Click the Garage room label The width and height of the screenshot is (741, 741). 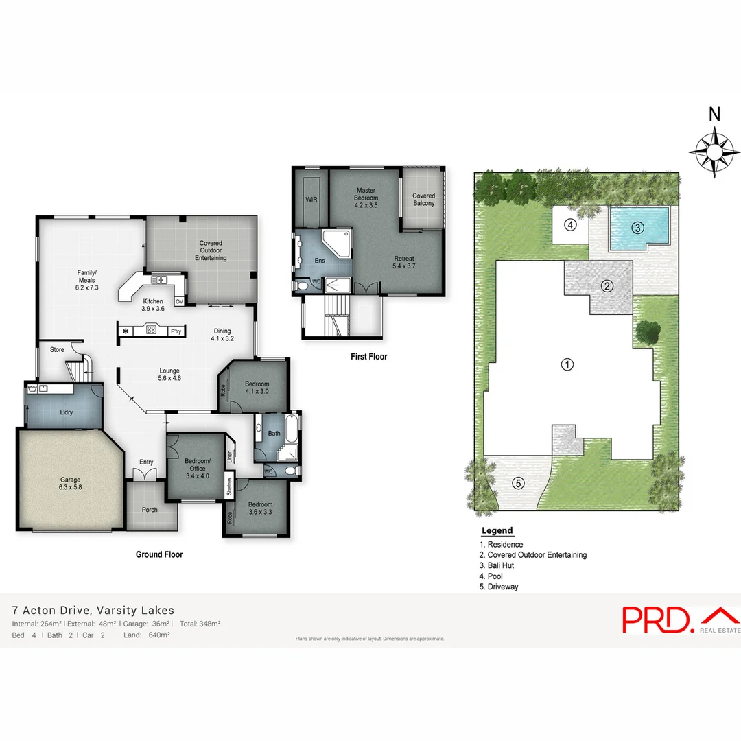(70, 483)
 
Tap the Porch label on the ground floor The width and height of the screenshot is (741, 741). (150, 510)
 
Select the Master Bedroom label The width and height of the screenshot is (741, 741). (366, 198)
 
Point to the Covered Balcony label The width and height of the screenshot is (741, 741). (423, 200)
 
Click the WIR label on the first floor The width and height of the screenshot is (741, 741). (311, 200)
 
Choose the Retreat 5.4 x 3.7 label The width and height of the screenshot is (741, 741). (404, 262)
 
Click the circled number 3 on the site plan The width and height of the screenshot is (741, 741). (637, 228)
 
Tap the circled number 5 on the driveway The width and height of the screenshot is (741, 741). (518, 483)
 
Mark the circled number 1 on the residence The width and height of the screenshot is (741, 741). (567, 364)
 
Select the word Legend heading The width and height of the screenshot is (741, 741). (497, 531)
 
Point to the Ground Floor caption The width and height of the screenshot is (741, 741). (158, 554)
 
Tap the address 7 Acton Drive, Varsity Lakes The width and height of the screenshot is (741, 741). (93, 610)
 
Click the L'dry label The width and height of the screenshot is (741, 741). (67, 412)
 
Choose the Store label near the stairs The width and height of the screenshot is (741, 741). (57, 350)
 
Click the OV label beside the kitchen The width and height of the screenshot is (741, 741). (179, 301)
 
